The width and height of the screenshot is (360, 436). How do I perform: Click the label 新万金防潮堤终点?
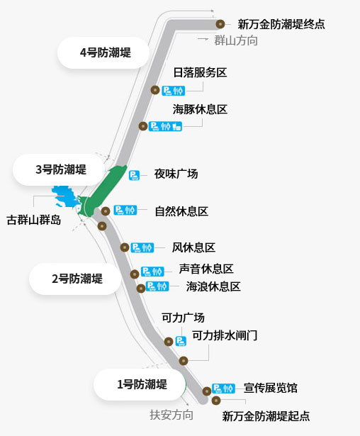coord(281,24)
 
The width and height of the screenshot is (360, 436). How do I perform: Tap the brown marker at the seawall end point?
coord(220,24)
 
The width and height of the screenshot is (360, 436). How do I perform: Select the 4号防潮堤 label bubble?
coord(103,52)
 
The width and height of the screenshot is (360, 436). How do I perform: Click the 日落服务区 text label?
coord(200,72)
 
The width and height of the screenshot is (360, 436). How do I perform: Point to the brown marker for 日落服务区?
coord(155,90)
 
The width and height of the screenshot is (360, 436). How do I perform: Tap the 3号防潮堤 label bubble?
coord(59,169)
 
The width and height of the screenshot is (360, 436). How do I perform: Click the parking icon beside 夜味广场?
coord(134,175)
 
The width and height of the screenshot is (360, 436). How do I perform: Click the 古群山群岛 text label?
coord(33,220)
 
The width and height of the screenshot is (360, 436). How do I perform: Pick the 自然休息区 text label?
coord(181,211)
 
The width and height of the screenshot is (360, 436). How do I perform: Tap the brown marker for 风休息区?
coord(125,247)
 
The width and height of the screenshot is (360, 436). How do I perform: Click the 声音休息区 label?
coord(206,269)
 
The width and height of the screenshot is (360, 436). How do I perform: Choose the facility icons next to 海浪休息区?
coord(157,286)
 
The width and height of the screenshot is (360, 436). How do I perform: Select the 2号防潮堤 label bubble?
coord(75,279)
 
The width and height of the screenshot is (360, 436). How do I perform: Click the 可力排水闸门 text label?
coord(225,335)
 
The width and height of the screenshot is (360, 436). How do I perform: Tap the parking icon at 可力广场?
coord(181,341)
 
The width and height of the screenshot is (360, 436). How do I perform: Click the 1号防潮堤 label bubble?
coord(140,384)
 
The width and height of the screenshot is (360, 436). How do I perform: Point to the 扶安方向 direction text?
coord(171,415)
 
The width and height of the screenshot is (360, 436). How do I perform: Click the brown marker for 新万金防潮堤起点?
coord(216,401)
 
